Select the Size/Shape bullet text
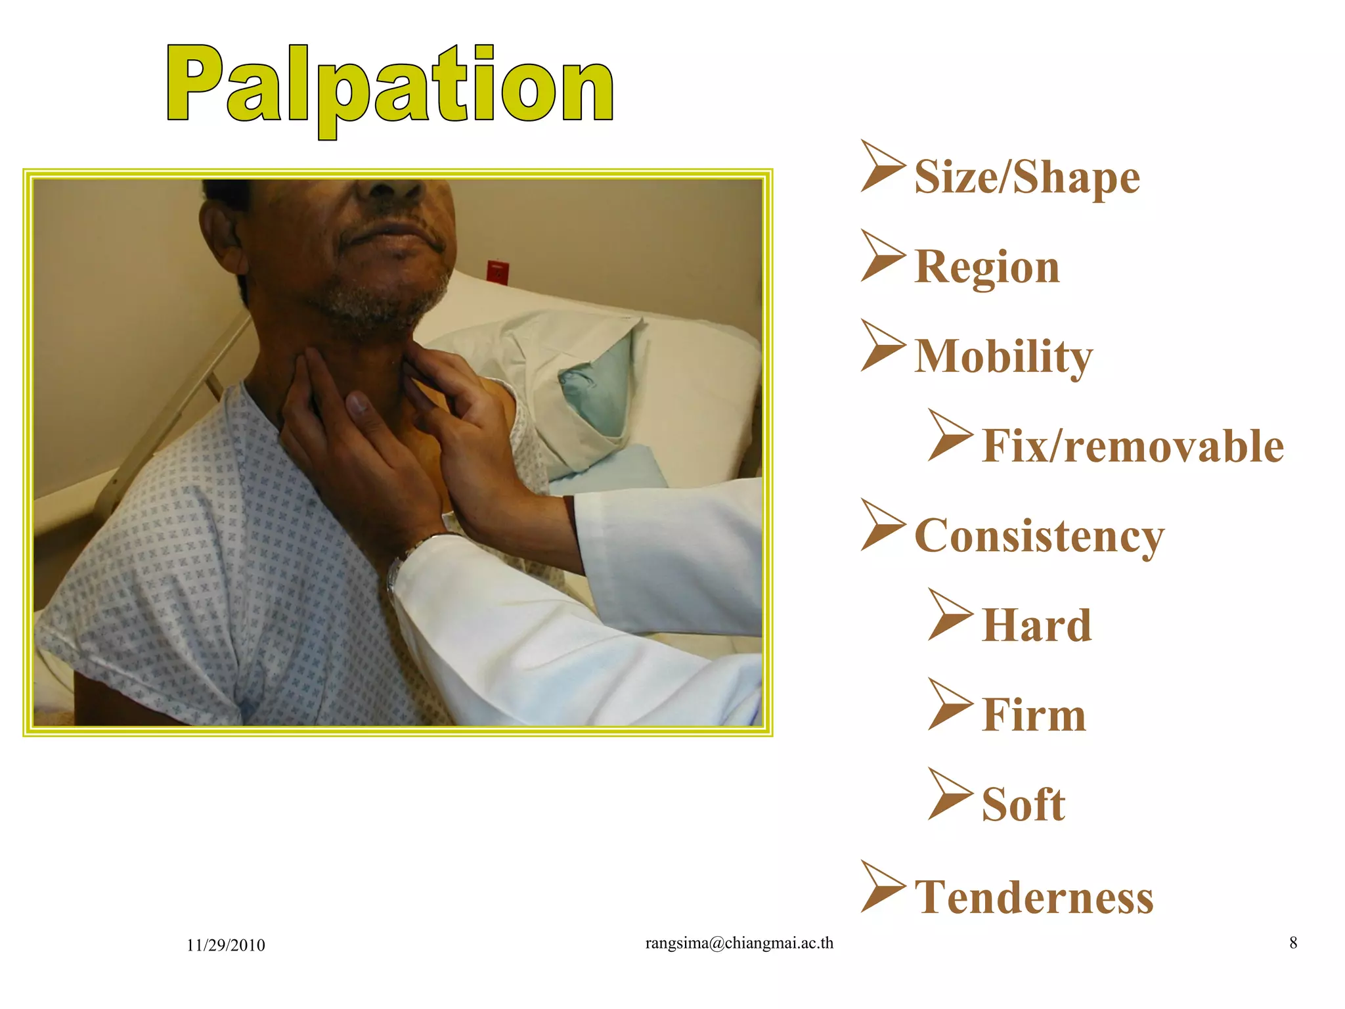[1026, 177]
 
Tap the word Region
[986, 267]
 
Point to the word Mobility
[1003, 356]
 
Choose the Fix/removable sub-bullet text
[1132, 446]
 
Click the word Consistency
[1038, 536]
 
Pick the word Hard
[1036, 625]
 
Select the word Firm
[1034, 715]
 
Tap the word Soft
[1023, 805]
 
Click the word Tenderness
[1034, 897]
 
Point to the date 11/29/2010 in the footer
[225, 945]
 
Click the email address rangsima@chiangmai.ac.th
[739, 943]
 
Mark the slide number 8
[1292, 943]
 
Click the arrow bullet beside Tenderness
[882, 887]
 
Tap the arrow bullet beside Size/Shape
[882, 166]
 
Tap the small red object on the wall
[497, 271]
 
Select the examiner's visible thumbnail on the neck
[358, 403]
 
